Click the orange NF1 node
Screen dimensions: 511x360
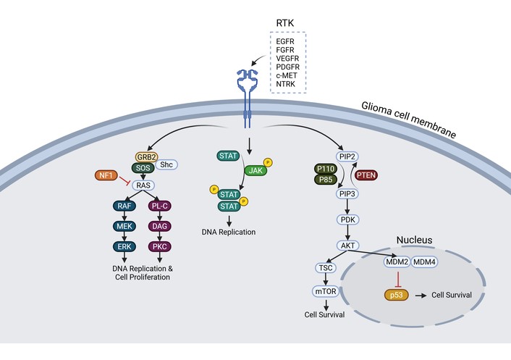coord(106,175)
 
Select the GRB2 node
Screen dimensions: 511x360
coord(147,157)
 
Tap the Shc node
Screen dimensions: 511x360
coord(166,164)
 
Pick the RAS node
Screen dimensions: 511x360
coord(143,185)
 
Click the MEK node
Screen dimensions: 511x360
coord(124,226)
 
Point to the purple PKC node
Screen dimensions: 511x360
coord(160,246)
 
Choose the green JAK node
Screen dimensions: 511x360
coord(255,170)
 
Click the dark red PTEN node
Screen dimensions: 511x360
coord(366,175)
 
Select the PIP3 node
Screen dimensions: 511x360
coord(347,194)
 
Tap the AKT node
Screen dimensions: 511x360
coord(347,246)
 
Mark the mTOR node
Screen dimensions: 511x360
coord(326,291)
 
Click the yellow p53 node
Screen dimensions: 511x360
coord(397,295)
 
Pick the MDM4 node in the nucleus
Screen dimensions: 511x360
coord(424,261)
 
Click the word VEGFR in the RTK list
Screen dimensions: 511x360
coord(287,59)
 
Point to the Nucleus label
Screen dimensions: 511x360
coord(414,240)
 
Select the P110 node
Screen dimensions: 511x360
coord(326,169)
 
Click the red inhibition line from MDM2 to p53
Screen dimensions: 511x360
coord(397,279)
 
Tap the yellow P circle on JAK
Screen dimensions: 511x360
coord(268,162)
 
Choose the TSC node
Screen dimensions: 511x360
coord(326,268)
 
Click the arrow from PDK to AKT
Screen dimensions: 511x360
coord(347,233)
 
